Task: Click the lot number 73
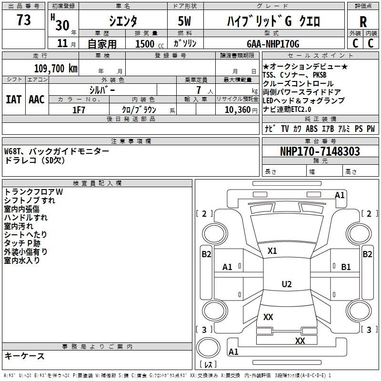[x=23, y=20]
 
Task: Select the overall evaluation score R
[x=363, y=22]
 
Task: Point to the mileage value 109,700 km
[x=56, y=68]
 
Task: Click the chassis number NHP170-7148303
[x=320, y=152]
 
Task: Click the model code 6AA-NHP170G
[x=273, y=44]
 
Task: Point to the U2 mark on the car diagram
[x=286, y=284]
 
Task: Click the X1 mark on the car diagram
[x=272, y=251]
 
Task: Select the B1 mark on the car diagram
[x=346, y=267]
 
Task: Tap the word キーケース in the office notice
[x=24, y=356]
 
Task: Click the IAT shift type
[x=13, y=100]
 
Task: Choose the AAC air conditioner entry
[x=37, y=100]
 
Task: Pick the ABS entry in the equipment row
[x=312, y=129]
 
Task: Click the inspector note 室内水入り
[x=22, y=260]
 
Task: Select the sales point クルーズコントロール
[x=298, y=83]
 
